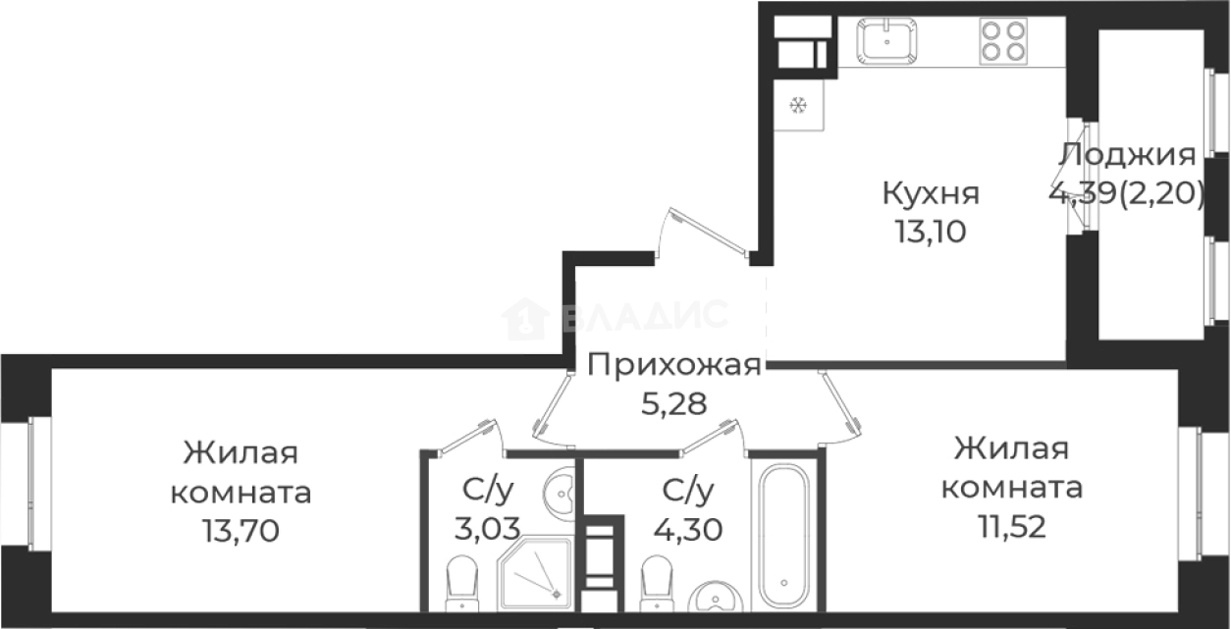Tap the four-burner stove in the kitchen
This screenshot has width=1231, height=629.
(x=1003, y=41)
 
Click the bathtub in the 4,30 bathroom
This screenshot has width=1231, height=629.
(x=784, y=535)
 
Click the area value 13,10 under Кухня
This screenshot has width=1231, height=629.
(x=930, y=232)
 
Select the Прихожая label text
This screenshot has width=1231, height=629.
(x=673, y=365)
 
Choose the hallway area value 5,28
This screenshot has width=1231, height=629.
(x=673, y=402)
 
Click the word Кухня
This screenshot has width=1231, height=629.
(x=931, y=193)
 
